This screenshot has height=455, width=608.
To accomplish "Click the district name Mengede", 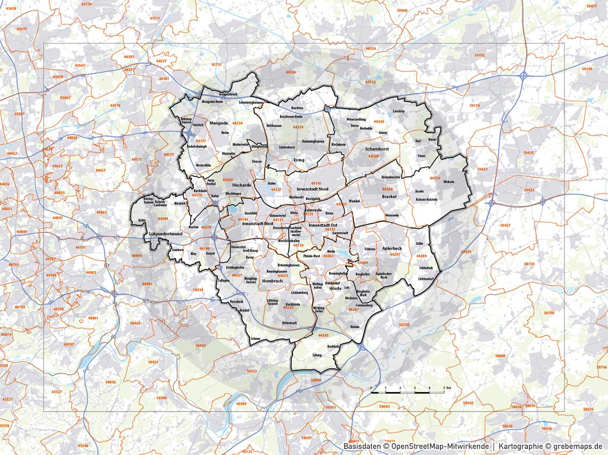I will point(218,123).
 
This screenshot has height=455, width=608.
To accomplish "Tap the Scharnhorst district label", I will point(377,149).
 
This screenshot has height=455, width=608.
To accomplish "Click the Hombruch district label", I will point(273,281).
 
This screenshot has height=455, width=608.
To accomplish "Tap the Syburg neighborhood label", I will point(317,355).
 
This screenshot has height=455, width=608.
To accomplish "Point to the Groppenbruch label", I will point(228,94).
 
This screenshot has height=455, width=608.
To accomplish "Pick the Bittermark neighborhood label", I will point(289,323).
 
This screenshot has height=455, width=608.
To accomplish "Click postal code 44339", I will point(298,127).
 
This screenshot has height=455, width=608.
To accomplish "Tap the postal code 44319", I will point(434,178).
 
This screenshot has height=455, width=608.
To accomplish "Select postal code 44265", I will point(323,335).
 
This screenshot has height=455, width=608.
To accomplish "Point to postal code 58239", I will point(404,324).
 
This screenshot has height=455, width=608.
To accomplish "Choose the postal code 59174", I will point(474,105).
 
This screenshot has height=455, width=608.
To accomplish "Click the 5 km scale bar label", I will point(446,387).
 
